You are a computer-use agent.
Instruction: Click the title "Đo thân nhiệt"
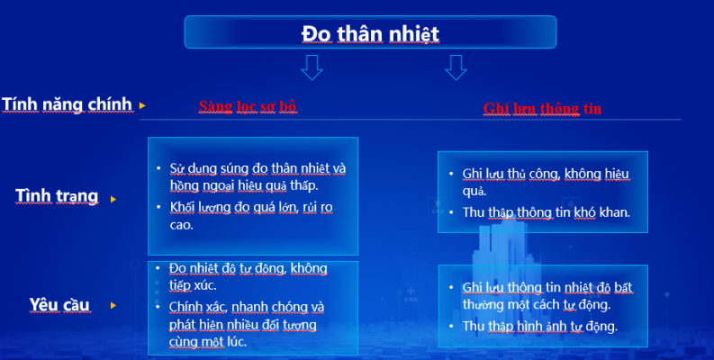tap(370, 33)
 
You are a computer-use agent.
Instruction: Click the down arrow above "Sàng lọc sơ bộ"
tap(312, 67)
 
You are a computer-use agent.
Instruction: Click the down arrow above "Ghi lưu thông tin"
tap(456, 67)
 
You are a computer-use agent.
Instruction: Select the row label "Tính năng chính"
tap(68, 104)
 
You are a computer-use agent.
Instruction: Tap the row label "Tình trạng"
tap(57, 196)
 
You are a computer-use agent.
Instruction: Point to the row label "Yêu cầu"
tap(59, 304)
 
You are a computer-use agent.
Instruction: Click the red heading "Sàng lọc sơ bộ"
tap(248, 106)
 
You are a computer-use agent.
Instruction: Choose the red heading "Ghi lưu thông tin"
tap(542, 109)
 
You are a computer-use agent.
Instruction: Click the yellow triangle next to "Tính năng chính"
tap(142, 106)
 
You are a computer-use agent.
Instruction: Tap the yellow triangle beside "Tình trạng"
tap(113, 198)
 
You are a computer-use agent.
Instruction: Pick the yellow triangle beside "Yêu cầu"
tap(113, 306)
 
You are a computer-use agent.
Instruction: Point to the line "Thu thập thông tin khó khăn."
tap(546, 213)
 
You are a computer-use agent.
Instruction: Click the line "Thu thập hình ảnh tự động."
tap(539, 326)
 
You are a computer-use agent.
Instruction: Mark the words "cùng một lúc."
tap(207, 342)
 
